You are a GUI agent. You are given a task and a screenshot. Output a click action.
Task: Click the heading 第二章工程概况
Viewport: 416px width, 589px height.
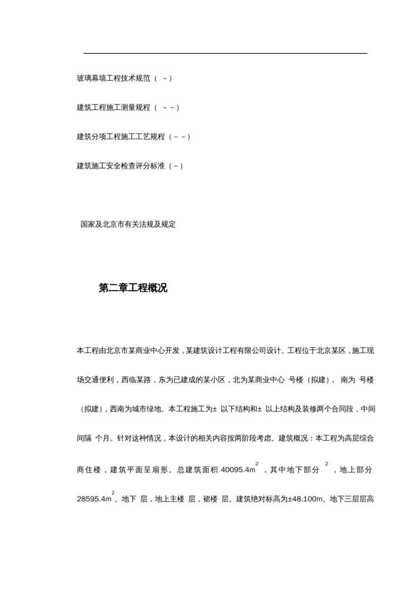(x=133, y=288)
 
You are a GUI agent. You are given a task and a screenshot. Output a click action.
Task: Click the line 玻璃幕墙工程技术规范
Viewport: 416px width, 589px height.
(x=114, y=78)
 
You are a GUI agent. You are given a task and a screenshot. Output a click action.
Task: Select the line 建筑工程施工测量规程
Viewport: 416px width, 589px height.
(x=114, y=107)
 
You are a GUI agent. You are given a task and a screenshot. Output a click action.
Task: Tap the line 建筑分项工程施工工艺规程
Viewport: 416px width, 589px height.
(x=121, y=137)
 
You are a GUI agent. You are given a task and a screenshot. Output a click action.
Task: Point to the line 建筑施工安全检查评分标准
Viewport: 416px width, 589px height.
(x=121, y=166)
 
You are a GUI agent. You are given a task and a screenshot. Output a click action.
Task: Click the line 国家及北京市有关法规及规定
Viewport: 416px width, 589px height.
(x=128, y=225)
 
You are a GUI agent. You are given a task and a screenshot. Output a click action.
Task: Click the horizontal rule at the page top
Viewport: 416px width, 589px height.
(x=225, y=53)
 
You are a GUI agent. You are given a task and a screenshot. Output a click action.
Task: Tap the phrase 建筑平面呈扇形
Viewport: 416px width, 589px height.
(x=140, y=470)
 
